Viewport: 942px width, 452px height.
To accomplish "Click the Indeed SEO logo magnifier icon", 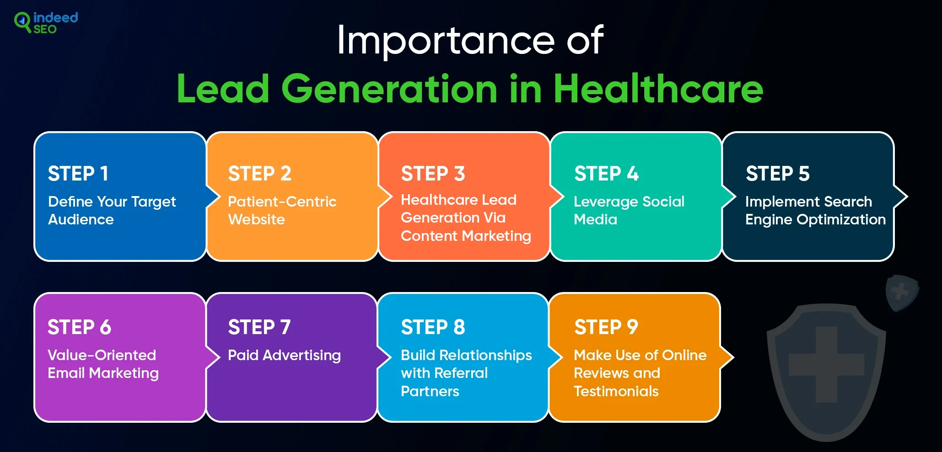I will tap(22, 21).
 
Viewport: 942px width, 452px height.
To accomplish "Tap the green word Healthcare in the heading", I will tap(658, 89).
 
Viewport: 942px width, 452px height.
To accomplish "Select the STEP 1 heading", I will tap(78, 174).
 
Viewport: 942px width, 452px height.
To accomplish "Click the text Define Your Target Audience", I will tap(112, 210).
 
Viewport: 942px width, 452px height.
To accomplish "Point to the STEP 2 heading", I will tap(259, 174).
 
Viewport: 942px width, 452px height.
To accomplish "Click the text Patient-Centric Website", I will tap(282, 210).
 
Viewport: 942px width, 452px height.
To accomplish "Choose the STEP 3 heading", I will tap(433, 174).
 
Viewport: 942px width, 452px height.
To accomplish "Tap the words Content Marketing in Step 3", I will tap(466, 236).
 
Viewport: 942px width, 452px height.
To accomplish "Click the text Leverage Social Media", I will tap(629, 210).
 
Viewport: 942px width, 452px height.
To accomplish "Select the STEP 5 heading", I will tap(777, 174).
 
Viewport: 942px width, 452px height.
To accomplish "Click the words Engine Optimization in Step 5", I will tap(815, 220).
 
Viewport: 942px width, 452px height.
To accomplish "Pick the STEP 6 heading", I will tap(79, 327).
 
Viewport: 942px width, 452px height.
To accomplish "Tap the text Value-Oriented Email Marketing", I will tap(103, 364).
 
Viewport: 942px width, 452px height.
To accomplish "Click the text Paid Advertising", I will tap(284, 355).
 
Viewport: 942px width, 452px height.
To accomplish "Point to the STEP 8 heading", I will tap(433, 327).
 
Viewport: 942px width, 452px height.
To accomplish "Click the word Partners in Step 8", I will tap(430, 391).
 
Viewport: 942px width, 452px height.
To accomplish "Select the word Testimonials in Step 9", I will tap(616, 391).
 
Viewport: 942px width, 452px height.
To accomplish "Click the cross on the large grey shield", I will tap(826, 364).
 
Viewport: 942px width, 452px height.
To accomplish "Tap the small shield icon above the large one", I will tap(901, 292).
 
